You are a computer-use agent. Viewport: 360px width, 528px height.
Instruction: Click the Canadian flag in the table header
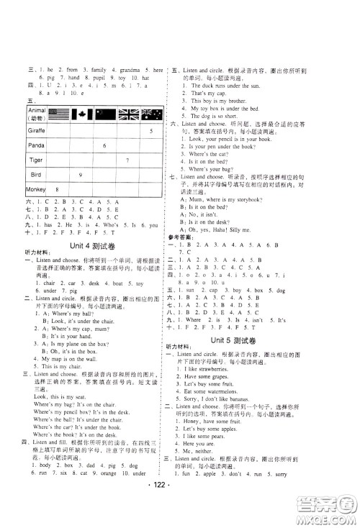point(81,114)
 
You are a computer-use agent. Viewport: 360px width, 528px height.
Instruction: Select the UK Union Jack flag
point(129,114)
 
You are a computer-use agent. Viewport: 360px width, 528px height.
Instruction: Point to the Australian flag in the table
point(153,114)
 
